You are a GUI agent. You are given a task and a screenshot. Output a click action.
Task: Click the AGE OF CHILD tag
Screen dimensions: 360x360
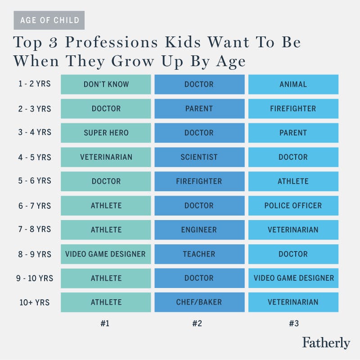click(x=49, y=20)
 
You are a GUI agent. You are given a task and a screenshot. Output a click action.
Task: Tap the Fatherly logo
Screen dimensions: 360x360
click(x=326, y=342)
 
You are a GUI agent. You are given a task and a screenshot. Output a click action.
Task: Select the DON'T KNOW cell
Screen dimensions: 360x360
click(x=106, y=84)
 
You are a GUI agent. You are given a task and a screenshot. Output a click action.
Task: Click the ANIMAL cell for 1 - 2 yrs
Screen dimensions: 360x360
click(x=293, y=84)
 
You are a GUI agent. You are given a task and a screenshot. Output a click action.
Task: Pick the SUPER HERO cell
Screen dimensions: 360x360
click(x=106, y=133)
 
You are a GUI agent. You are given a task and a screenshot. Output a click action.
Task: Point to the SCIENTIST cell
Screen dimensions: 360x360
click(x=199, y=157)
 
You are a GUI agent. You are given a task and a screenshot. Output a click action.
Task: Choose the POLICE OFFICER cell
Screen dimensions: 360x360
click(x=293, y=206)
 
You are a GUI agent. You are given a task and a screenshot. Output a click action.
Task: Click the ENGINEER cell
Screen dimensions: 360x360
click(x=199, y=230)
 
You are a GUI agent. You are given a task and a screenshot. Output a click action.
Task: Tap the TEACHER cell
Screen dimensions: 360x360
click(x=199, y=254)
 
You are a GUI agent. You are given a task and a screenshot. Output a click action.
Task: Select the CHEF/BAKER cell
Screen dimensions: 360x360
click(x=199, y=302)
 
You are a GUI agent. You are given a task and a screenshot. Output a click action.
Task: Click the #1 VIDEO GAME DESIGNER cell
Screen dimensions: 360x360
click(x=106, y=254)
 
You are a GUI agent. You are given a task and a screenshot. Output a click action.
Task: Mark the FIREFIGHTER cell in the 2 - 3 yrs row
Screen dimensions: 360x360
click(x=293, y=108)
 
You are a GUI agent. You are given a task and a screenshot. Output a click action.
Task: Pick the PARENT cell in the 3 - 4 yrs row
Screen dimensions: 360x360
click(x=293, y=133)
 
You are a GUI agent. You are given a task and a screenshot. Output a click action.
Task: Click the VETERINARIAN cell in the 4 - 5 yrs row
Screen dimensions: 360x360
click(x=106, y=157)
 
